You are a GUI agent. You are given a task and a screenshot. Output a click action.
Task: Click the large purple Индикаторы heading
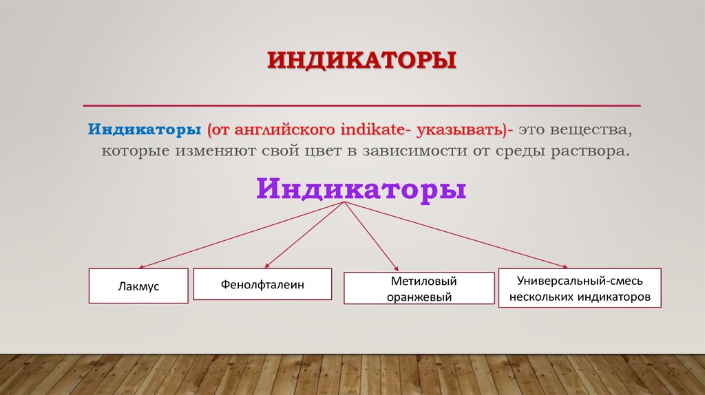pos(361,187)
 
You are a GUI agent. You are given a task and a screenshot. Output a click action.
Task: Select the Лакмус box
pos(138,286)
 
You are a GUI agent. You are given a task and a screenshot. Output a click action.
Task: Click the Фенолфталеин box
pos(262,284)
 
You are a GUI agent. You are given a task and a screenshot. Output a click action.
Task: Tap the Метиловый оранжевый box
pos(419,289)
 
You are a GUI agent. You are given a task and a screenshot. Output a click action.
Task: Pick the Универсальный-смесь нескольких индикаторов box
pos(580,288)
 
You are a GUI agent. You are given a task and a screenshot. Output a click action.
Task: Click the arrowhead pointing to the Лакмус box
pos(141,266)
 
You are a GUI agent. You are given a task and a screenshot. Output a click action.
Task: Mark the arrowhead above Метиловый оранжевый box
pos(396,268)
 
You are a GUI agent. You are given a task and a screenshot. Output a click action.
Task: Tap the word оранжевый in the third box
pos(419,297)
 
